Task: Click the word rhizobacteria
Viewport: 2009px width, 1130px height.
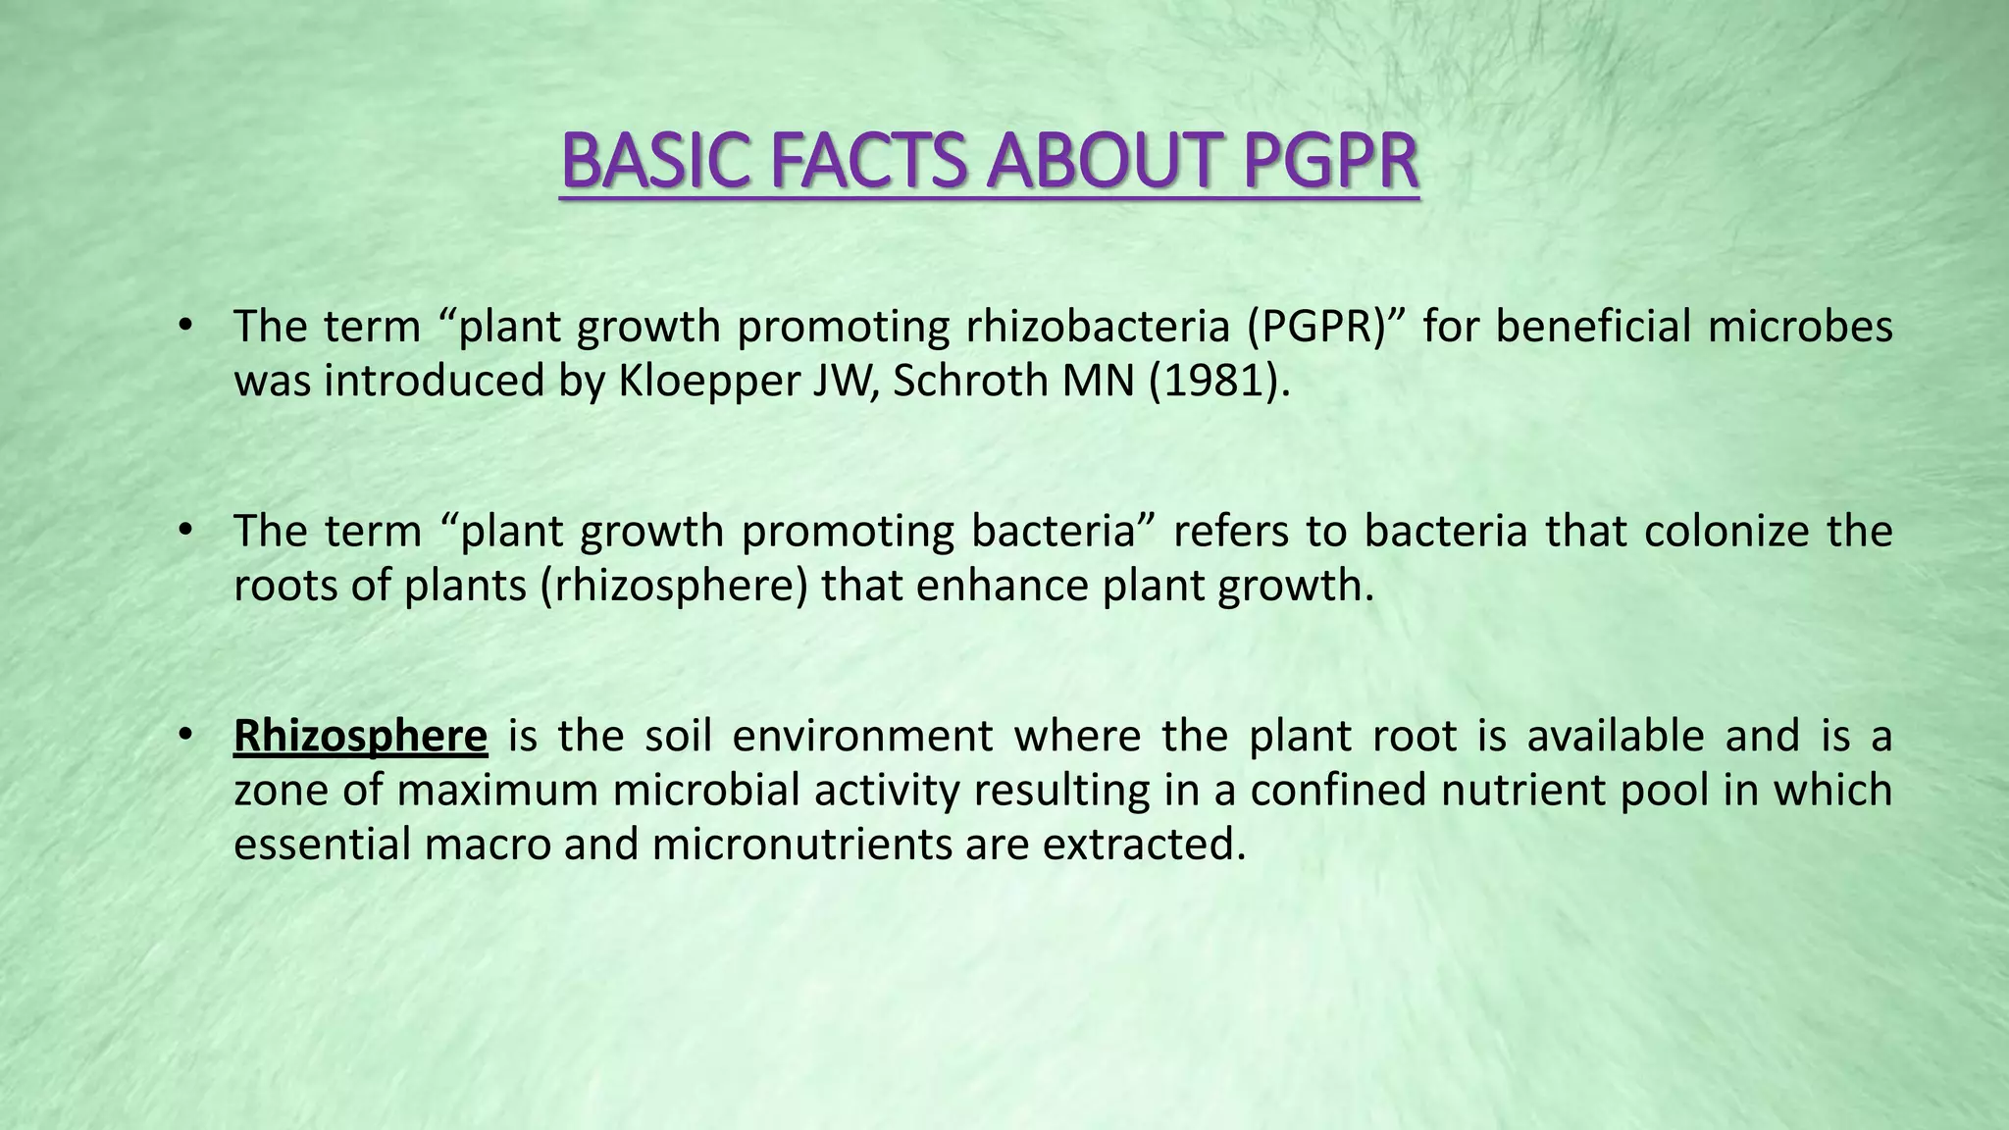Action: (1098, 327)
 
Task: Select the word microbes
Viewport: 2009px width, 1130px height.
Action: (1800, 327)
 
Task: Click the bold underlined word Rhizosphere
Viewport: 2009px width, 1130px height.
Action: (360, 737)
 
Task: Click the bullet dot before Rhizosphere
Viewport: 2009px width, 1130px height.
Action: (184, 735)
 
